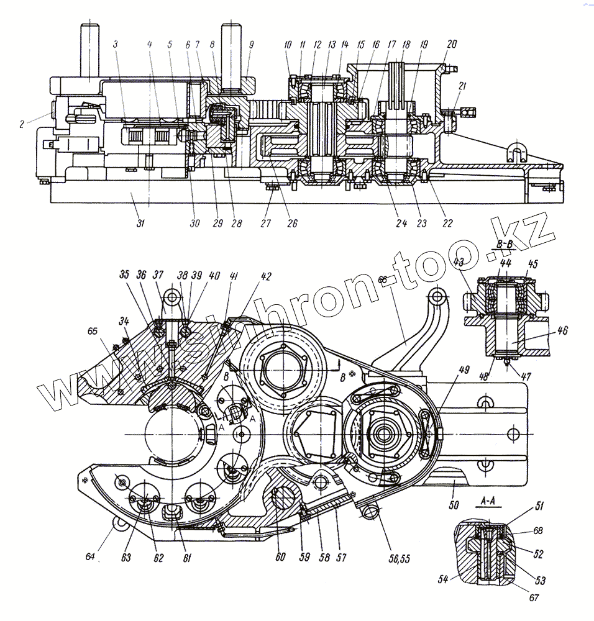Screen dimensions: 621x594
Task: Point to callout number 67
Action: pos(535,599)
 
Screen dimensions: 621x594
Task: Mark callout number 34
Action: pos(125,320)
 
